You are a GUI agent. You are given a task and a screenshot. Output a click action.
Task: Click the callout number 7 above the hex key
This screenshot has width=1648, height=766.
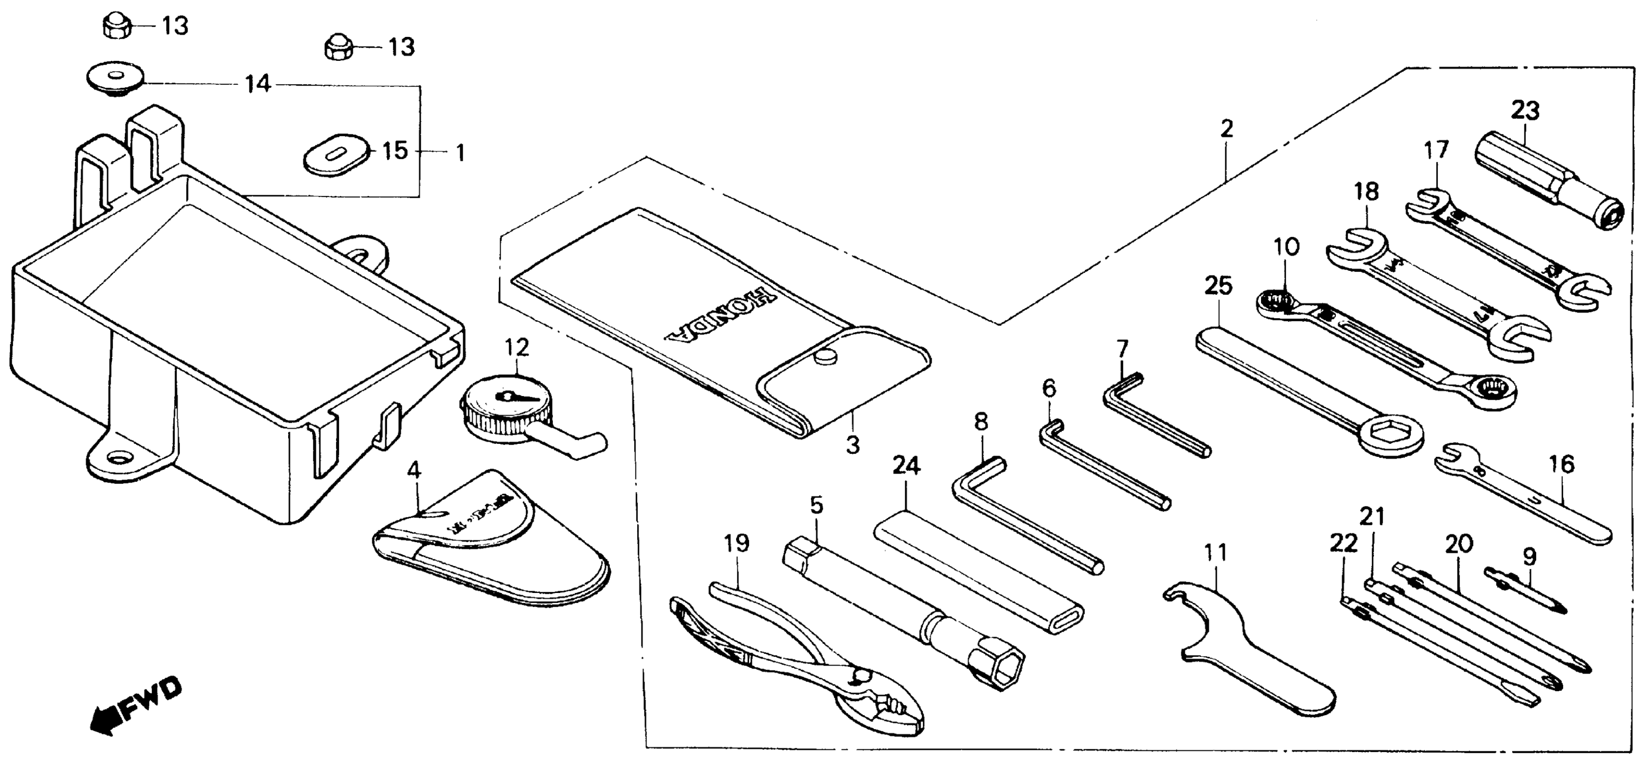tap(1122, 349)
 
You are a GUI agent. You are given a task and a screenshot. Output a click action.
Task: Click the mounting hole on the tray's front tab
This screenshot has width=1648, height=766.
tap(119, 458)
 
